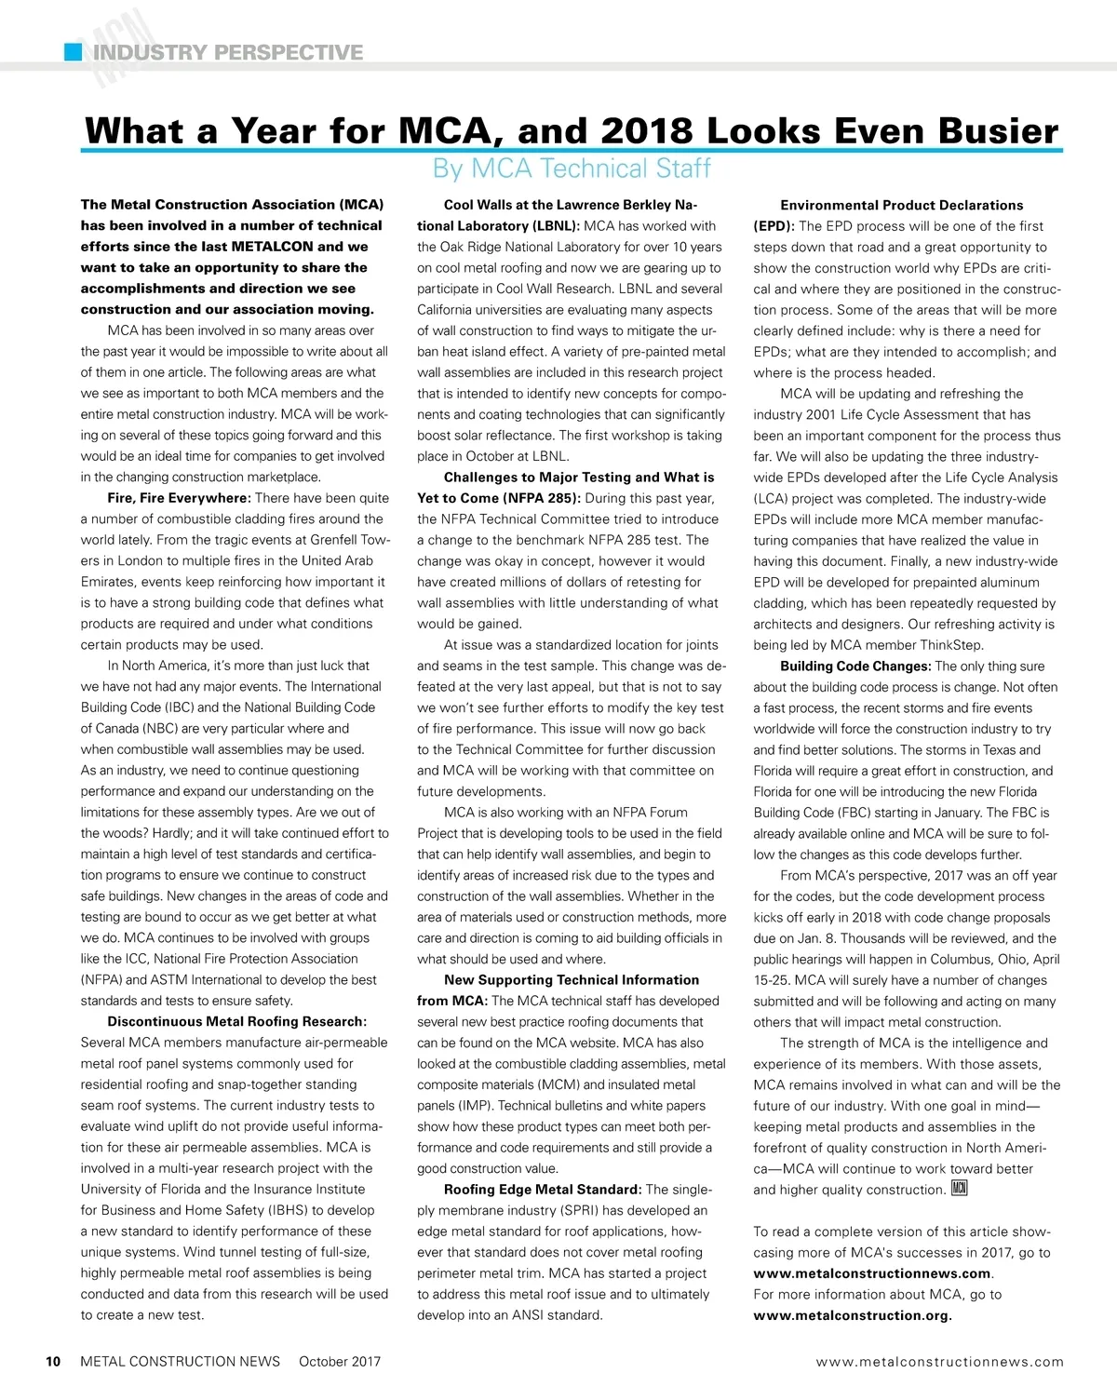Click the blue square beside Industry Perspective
[74, 52]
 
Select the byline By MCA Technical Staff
[572, 168]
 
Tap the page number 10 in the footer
[53, 1362]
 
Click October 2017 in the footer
[340, 1362]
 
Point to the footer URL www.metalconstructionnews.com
[939, 1362]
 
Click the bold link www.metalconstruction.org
[852, 1315]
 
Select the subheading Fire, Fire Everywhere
[179, 498]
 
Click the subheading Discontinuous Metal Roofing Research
[237, 1021]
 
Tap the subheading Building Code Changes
[855, 666]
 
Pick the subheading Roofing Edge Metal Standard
[543, 1190]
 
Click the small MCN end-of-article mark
[960, 1189]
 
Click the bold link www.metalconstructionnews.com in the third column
[871, 1273]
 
